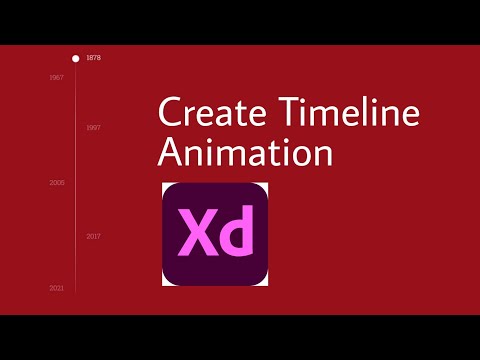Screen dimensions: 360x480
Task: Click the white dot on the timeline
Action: pyautogui.click(x=75, y=58)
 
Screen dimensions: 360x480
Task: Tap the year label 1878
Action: pyautogui.click(x=93, y=58)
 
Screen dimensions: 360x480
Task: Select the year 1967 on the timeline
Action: pyautogui.click(x=57, y=77)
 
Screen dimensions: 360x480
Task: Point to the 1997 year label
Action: pyautogui.click(x=93, y=128)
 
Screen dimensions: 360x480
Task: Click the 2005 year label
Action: pyautogui.click(x=57, y=183)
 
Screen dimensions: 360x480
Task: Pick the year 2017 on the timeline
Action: pyautogui.click(x=93, y=236)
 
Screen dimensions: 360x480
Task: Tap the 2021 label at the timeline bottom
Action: pyautogui.click(x=57, y=288)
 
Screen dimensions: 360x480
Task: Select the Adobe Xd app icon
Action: pyautogui.click(x=215, y=234)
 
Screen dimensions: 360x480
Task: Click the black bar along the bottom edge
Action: pyautogui.click(x=240, y=337)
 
